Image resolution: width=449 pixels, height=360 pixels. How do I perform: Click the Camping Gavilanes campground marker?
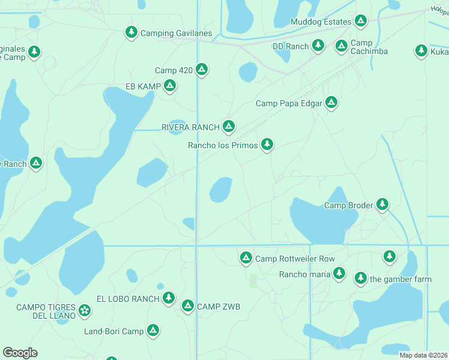131,32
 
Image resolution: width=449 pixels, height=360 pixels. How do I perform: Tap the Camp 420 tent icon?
202,70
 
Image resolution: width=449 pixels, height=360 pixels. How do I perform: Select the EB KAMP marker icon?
170,86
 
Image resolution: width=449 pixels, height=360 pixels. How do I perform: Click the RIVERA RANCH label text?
190,127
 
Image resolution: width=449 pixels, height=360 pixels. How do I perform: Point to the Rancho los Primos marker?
267,144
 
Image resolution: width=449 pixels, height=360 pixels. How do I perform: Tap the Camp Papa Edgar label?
289,103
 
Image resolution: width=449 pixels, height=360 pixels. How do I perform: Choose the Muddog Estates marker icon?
360,21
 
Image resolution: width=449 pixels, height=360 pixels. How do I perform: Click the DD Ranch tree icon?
318,45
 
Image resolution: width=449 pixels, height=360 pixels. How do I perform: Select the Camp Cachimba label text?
369,47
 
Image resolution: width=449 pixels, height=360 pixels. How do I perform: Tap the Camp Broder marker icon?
382,205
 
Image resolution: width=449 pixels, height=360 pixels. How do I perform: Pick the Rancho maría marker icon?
339,273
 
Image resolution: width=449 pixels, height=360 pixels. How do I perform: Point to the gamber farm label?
400,279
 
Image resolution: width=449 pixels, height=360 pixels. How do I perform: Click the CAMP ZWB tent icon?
187,306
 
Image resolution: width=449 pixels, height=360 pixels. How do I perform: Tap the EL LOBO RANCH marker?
169,298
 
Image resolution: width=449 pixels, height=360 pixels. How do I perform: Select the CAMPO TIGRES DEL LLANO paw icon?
85,310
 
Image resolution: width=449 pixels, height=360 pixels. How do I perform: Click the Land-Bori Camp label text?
114,331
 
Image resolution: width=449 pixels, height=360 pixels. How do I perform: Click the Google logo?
20,353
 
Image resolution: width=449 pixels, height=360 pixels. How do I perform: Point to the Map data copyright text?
423,355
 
